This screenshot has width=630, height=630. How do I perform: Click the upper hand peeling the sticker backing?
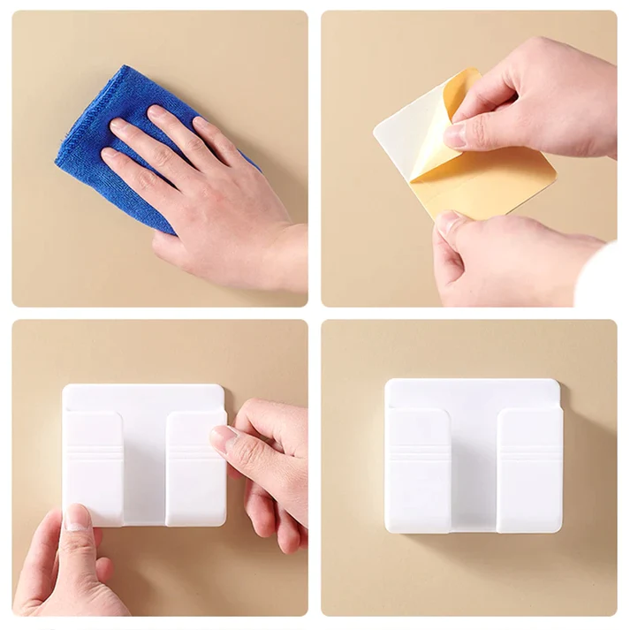point(539,97)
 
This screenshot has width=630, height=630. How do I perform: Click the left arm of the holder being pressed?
point(93,468)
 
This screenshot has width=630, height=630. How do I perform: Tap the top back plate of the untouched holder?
point(473,393)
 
